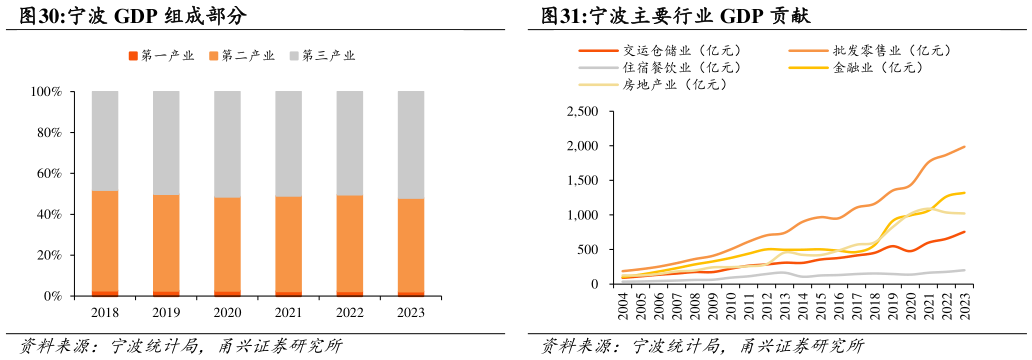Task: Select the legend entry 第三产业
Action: point(328,55)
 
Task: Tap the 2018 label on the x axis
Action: point(105,313)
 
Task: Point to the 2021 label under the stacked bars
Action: point(288,313)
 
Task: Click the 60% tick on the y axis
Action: point(46,174)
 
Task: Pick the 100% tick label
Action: point(44,92)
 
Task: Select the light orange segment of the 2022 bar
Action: point(350,244)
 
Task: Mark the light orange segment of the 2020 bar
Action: point(227,244)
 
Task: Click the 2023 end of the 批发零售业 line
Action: point(965,147)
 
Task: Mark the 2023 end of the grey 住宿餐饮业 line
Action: point(965,270)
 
